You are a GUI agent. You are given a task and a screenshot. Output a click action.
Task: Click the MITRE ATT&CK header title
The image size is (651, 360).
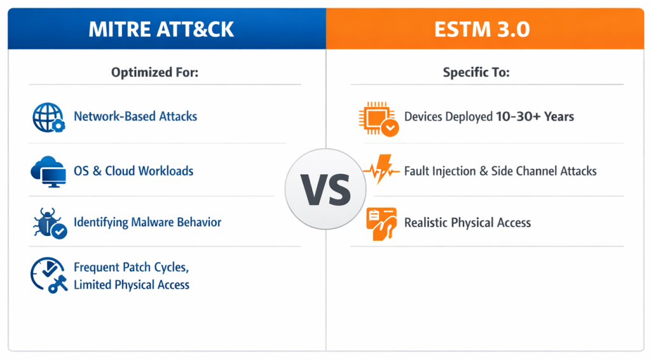[x=161, y=29]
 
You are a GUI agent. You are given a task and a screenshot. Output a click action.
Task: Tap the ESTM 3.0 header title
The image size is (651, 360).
[x=482, y=29]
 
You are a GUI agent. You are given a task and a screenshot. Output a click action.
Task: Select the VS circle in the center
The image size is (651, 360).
[x=325, y=189]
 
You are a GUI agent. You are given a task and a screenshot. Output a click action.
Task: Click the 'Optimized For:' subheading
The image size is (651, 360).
[x=155, y=73]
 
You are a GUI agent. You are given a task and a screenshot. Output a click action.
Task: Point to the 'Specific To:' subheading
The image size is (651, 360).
[x=476, y=73]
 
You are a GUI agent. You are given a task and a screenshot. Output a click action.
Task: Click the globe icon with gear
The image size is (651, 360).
[x=48, y=118]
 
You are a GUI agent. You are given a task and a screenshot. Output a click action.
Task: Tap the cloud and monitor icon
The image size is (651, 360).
[x=48, y=171]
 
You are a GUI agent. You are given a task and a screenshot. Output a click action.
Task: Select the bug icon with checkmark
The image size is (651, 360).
[x=50, y=223]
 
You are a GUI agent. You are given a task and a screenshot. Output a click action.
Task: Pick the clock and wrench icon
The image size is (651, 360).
[x=48, y=275]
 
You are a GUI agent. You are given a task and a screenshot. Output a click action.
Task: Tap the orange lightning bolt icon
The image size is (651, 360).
[x=381, y=169]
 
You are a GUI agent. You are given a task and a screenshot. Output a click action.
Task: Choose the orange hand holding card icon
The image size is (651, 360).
[x=381, y=224]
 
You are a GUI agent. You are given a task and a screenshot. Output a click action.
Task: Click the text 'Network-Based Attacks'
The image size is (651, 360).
[x=135, y=116]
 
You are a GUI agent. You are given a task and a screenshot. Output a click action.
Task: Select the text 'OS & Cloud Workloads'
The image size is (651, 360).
[x=134, y=171]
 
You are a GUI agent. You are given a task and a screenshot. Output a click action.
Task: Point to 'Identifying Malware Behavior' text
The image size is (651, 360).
[x=147, y=222]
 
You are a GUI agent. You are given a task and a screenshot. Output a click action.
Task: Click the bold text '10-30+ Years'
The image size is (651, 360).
[x=535, y=116]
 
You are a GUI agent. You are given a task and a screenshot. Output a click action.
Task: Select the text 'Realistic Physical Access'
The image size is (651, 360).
[x=467, y=223]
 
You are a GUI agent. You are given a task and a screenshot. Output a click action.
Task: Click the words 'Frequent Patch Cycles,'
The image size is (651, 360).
[x=131, y=267]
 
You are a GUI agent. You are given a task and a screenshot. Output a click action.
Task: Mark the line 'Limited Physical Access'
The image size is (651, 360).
[x=132, y=285]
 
